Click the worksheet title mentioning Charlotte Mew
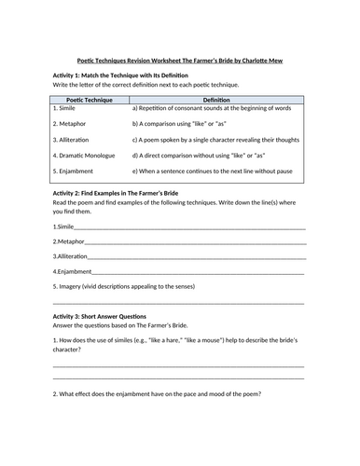[x=180, y=61]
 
